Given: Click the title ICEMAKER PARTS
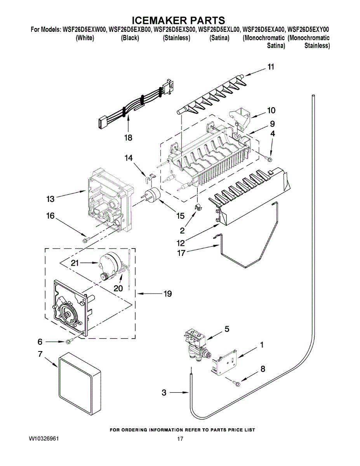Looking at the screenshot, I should pos(179,20).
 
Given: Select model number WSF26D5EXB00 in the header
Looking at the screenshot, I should pos(130,29).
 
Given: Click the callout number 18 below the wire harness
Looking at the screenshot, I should pos(128,137).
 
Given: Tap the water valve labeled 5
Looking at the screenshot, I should pos(197,342).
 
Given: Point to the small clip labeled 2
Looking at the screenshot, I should pos(198,206).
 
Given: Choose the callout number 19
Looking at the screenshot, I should pos(167,294).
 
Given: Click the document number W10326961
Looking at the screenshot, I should pos(44,439).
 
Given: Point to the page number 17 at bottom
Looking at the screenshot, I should pos(180,439).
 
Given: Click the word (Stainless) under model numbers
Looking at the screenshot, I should pos(177,38).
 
